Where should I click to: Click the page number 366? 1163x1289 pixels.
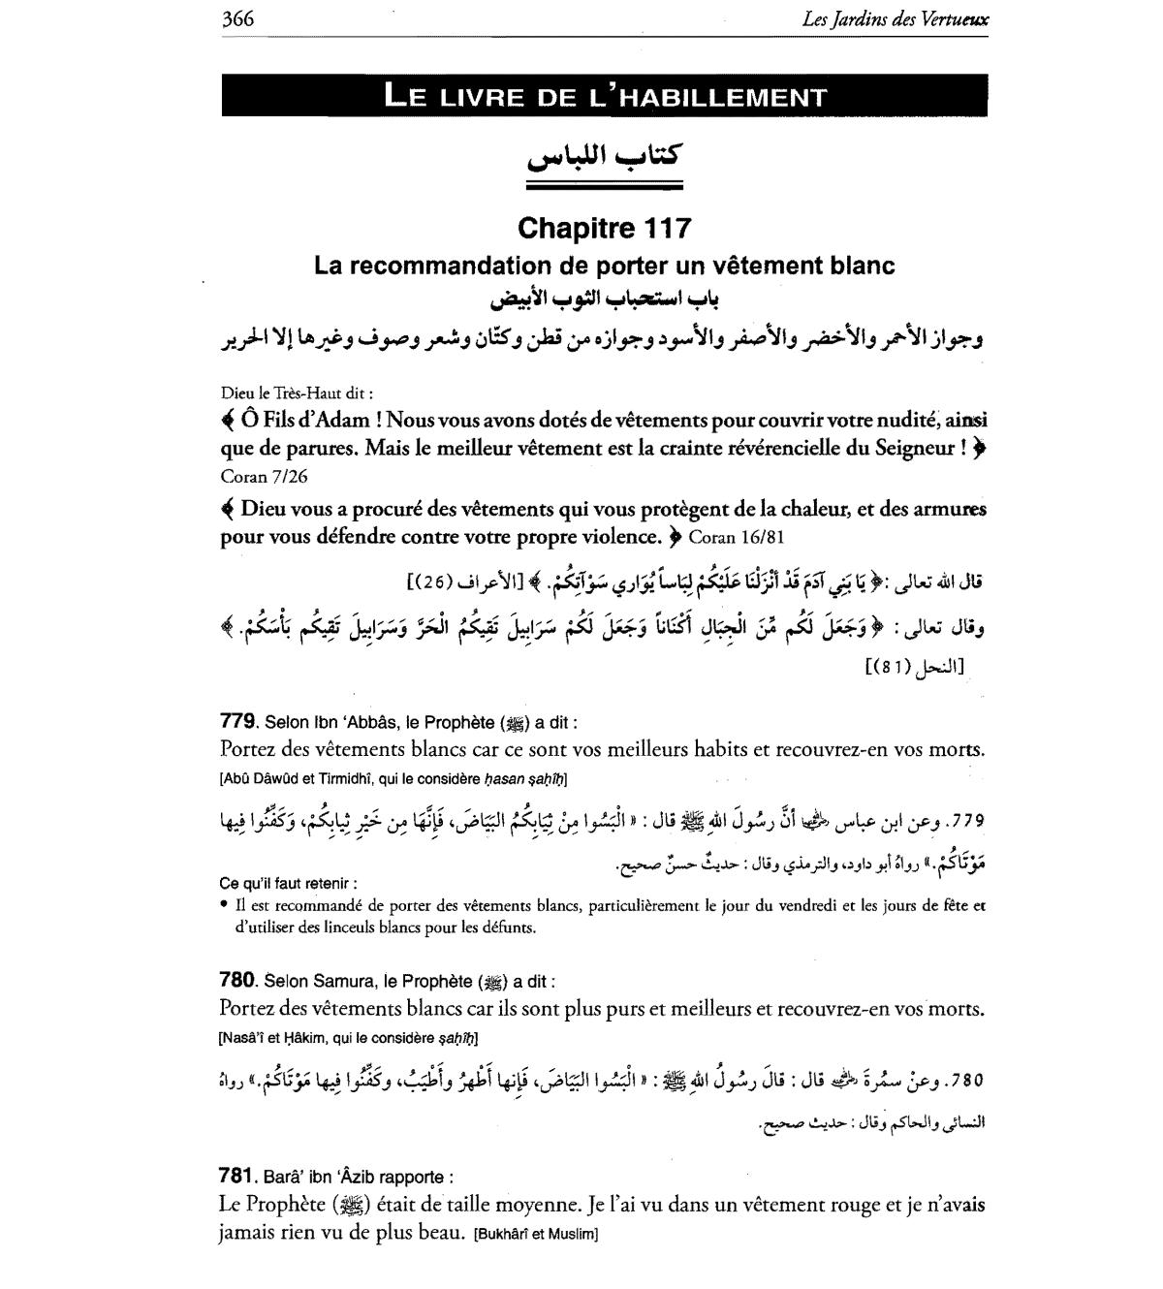[x=237, y=18]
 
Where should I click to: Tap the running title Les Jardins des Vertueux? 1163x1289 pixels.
[x=896, y=18]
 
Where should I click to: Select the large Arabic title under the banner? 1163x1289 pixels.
[x=605, y=155]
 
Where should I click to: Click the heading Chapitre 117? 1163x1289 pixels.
[x=605, y=228]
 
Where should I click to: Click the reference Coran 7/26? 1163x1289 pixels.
[x=266, y=476]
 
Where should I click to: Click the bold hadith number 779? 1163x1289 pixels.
[x=237, y=721]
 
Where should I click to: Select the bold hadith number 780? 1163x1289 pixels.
[x=237, y=980]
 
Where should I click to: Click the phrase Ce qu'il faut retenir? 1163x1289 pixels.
[x=288, y=884]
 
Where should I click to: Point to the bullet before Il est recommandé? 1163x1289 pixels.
[x=224, y=905]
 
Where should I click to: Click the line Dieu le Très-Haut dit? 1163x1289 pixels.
[x=297, y=393]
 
